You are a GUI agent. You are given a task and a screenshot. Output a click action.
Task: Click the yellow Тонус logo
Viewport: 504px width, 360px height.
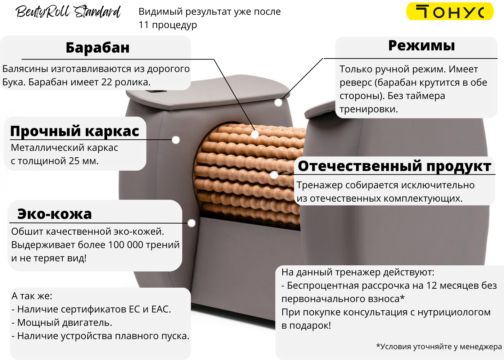pos(450,12)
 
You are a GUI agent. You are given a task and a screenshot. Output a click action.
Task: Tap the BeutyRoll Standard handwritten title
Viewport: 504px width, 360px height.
pos(68,12)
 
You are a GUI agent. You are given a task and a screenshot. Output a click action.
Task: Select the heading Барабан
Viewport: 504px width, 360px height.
pos(98,48)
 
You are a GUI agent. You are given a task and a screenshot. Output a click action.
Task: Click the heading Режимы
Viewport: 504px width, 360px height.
pos(422,46)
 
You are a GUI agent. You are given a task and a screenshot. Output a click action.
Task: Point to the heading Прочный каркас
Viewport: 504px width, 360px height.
pos(75,131)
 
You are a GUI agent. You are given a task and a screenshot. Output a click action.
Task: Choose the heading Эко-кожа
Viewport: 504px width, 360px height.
pos(55,214)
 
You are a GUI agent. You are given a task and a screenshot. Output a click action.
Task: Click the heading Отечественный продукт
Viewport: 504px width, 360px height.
pos(395,166)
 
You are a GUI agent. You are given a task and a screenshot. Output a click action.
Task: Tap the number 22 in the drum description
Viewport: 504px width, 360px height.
pos(107,82)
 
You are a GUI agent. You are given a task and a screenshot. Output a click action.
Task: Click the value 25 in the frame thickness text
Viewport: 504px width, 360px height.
pos(74,161)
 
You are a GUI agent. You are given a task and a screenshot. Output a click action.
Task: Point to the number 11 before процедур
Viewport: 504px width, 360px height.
pos(144,25)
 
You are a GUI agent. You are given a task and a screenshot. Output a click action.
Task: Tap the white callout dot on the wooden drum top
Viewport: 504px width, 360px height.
pos(255,135)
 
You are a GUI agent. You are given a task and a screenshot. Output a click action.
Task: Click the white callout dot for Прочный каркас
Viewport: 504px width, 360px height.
pos(176,140)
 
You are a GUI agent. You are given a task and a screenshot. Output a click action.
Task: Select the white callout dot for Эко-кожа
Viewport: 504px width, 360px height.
pos(192,223)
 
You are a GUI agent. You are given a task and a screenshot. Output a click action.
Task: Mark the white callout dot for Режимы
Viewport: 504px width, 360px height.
pos(278,103)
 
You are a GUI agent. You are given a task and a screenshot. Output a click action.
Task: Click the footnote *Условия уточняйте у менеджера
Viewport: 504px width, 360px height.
pos(439,347)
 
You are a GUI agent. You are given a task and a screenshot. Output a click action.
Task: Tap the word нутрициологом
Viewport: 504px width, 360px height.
pos(454,312)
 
